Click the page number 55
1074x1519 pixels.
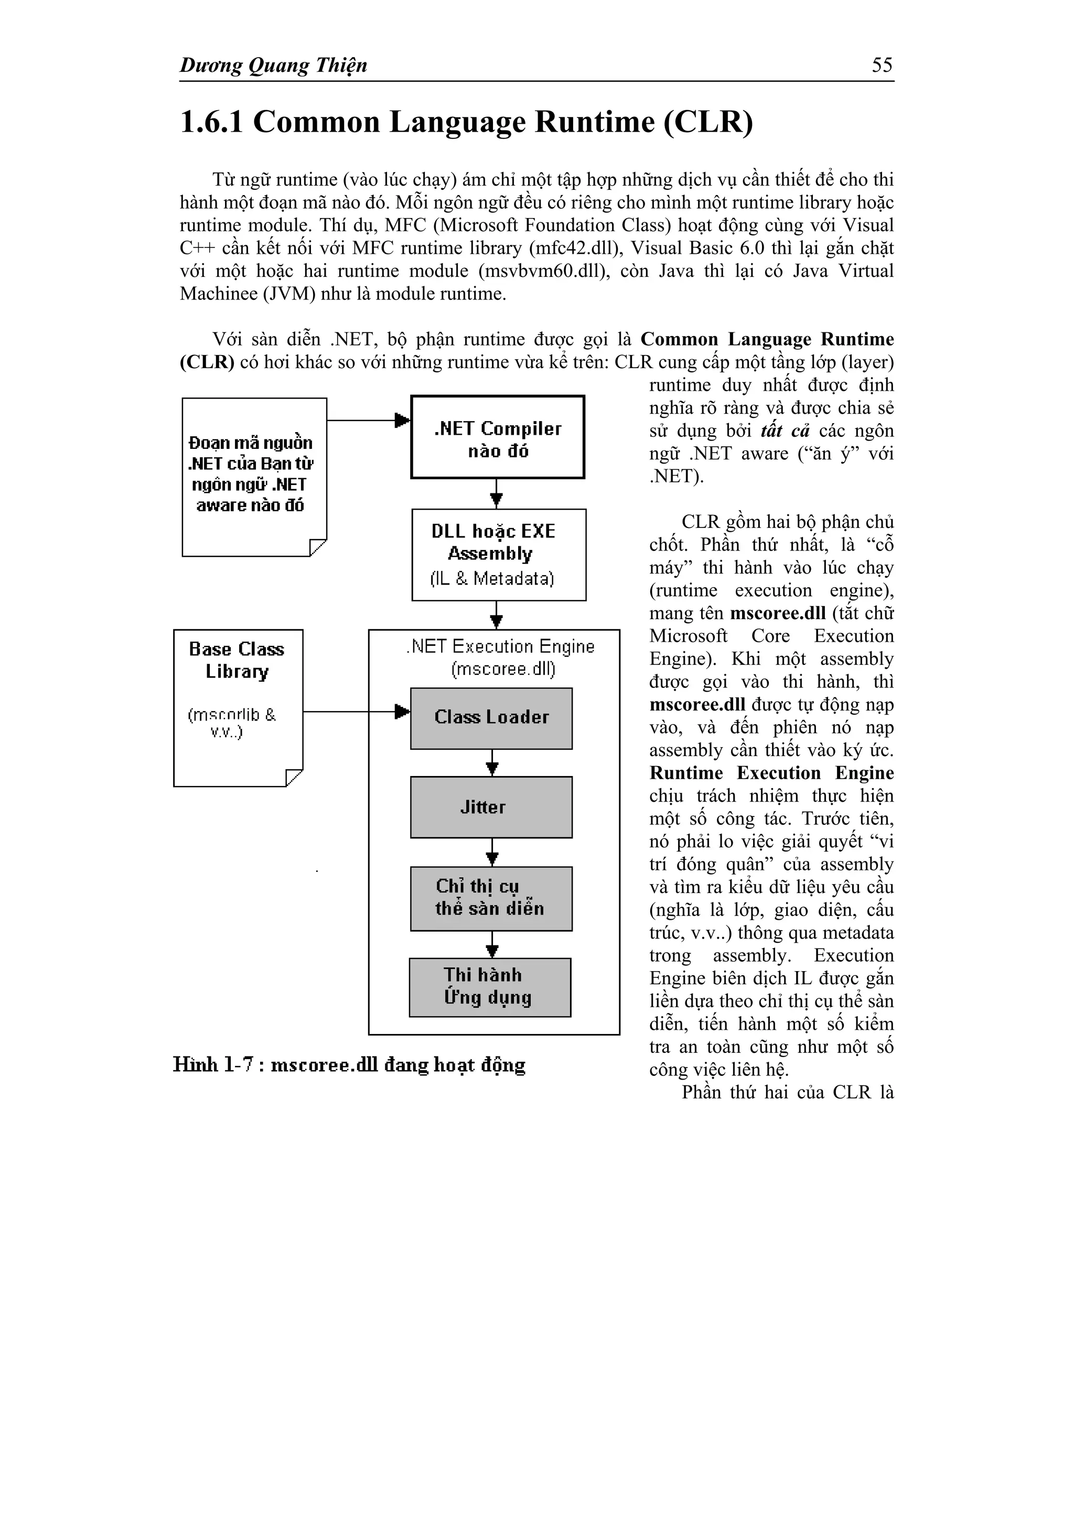[882, 65]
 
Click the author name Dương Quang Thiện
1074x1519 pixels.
[273, 66]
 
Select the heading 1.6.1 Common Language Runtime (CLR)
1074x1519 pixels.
[467, 122]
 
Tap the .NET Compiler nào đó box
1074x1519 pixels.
[498, 437]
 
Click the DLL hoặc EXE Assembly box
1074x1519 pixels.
[498, 554]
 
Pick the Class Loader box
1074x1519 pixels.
[491, 718]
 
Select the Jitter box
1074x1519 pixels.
[491, 807]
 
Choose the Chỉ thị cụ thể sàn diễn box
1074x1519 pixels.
[491, 898]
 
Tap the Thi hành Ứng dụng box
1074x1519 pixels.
[490, 987]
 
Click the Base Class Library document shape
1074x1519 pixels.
[238, 707]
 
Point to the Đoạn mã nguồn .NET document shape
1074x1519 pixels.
[254, 476]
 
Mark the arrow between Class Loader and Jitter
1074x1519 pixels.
[492, 763]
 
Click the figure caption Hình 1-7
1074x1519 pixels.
[349, 1064]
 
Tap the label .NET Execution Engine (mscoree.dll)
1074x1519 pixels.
[501, 657]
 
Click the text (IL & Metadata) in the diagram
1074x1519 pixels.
[492, 579]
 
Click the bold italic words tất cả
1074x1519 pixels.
[785, 430]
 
